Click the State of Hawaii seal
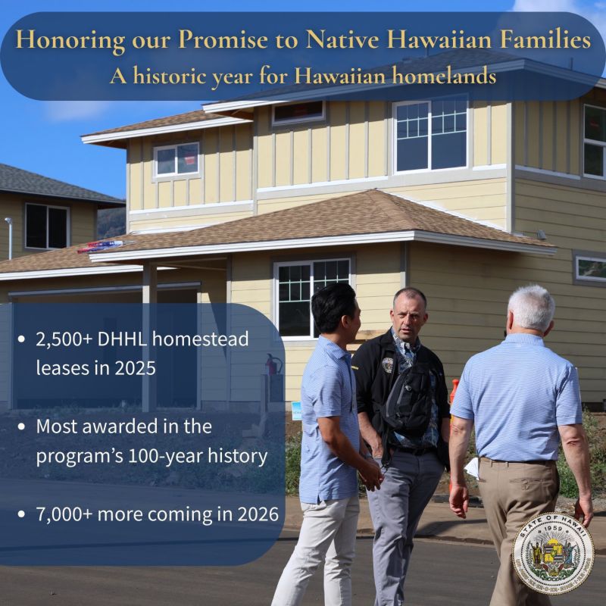553,553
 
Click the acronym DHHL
129,339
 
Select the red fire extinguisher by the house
273,365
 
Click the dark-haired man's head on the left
333,307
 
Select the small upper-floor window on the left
176,159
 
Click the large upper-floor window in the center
430,134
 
